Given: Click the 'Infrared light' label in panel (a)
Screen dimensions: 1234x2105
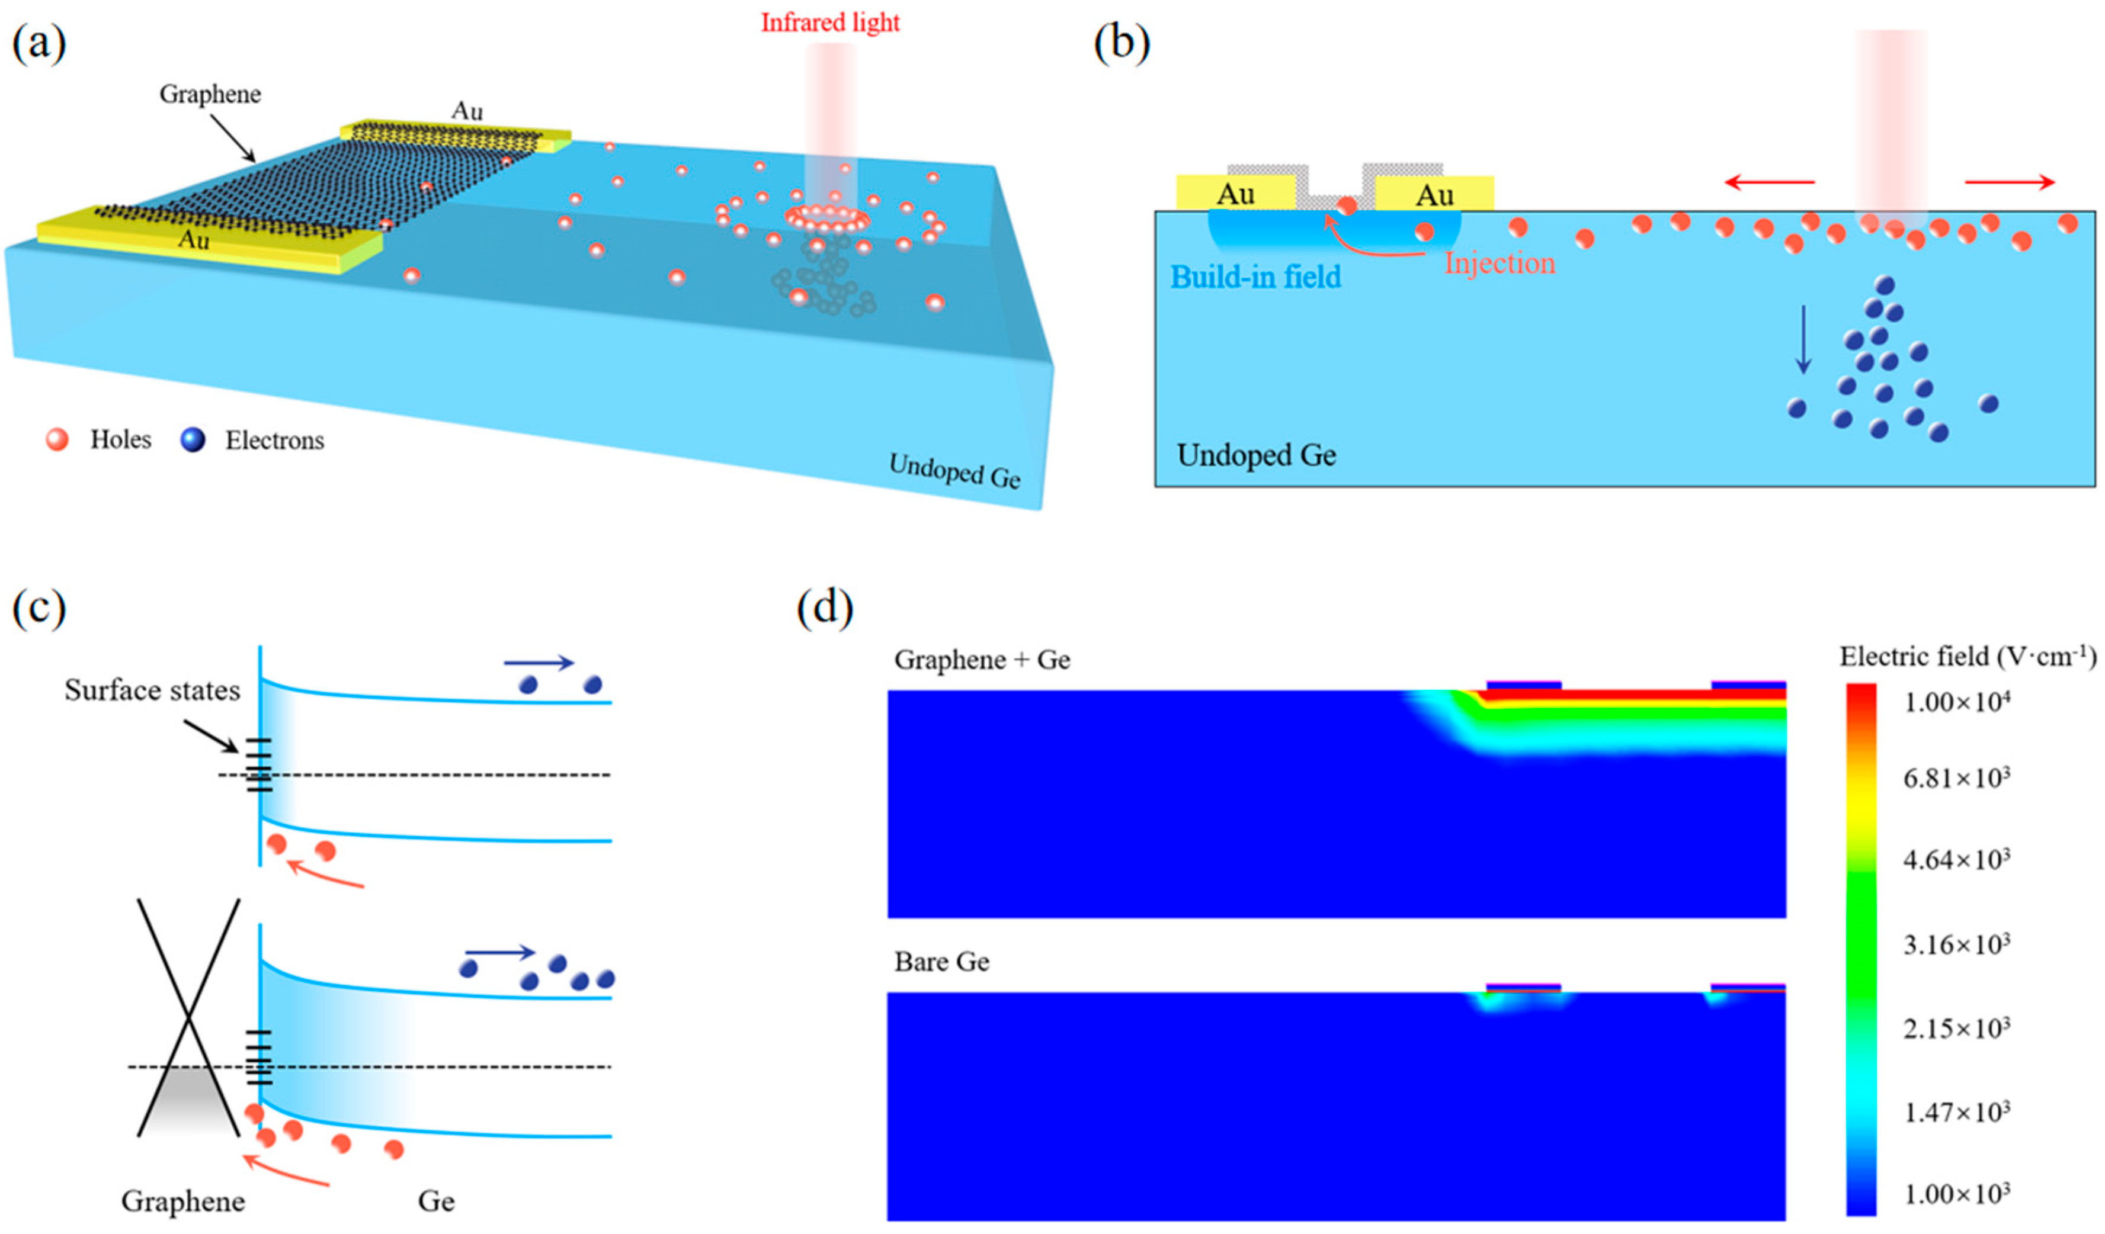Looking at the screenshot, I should (x=829, y=23).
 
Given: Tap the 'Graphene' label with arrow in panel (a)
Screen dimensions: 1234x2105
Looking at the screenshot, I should (x=210, y=94).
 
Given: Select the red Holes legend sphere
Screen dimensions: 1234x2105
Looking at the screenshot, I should (x=57, y=439).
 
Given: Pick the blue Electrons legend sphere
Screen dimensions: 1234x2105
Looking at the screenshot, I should (x=193, y=439).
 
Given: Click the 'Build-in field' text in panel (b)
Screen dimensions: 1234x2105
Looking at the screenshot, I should (x=1255, y=277).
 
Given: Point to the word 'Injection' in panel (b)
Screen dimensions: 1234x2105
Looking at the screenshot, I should (x=1500, y=264).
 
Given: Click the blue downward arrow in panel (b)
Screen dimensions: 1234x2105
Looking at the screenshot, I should (x=1803, y=339).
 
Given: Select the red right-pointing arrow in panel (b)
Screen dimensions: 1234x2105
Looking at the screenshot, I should (x=2009, y=182).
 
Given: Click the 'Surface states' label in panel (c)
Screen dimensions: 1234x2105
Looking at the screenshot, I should (x=152, y=690).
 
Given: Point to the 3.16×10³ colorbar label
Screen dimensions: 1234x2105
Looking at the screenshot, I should (x=1956, y=944).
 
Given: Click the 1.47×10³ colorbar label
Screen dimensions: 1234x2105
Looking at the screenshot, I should (x=1956, y=1112).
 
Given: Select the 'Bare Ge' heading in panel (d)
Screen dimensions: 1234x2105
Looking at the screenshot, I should (x=941, y=962).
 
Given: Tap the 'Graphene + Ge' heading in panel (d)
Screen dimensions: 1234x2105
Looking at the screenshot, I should (x=982, y=660).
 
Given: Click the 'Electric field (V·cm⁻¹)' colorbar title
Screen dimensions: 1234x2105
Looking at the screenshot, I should (x=1967, y=657).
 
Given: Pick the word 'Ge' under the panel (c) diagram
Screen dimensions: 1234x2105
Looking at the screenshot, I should (x=436, y=1201).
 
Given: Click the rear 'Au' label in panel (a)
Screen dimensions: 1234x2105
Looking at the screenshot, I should (x=467, y=111).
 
